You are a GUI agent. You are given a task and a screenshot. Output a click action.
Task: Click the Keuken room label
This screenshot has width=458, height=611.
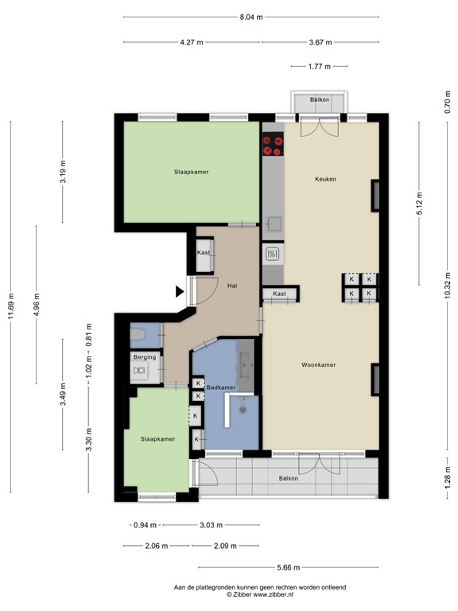tap(324, 179)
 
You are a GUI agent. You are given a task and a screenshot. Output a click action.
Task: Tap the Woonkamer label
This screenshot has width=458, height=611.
tap(318, 365)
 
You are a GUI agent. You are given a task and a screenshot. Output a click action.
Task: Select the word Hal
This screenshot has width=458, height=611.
tap(232, 286)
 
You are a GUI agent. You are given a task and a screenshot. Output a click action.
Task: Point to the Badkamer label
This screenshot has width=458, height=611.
tap(220, 387)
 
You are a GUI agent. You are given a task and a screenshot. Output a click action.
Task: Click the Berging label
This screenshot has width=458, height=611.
tap(144, 358)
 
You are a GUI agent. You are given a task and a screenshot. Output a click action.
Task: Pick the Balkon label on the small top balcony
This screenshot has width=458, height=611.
tap(320, 99)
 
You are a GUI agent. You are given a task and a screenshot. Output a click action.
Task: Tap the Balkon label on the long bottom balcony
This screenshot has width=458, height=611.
tap(289, 478)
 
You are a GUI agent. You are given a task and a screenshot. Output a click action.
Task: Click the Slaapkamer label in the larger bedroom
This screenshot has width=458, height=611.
tap(192, 172)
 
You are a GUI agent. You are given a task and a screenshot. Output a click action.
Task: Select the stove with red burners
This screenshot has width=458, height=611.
tap(273, 145)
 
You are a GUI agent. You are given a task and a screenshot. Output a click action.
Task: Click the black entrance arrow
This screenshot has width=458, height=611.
tap(180, 292)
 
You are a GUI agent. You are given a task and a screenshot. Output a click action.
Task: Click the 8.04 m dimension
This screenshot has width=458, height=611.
tap(250, 16)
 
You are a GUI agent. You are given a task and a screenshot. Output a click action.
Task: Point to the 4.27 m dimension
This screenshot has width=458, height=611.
tap(192, 42)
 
